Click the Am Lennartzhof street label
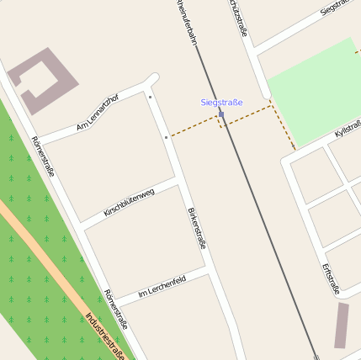point(98,114)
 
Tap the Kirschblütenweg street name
point(129,204)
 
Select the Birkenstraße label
point(196,226)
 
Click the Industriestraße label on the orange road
point(105,336)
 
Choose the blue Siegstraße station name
point(221,103)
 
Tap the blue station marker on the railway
point(220,114)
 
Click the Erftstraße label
point(331,278)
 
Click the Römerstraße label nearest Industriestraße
point(115,309)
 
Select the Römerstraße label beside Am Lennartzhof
point(43,156)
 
